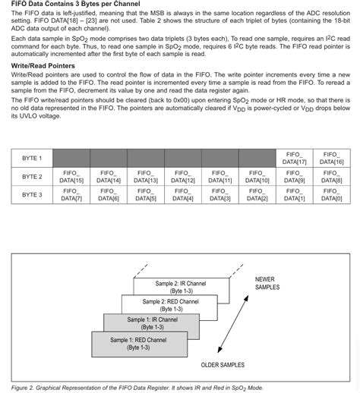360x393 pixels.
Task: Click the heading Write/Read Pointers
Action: [x=43, y=66]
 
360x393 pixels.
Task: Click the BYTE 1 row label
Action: [x=32, y=158]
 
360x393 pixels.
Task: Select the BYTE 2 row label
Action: [x=32, y=177]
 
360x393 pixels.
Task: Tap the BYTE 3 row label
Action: [x=32, y=195]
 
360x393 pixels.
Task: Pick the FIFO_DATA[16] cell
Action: [x=331, y=158]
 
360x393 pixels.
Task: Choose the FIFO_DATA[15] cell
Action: [x=71, y=177]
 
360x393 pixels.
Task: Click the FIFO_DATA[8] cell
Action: [x=331, y=177]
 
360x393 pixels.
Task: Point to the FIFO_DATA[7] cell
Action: [x=71, y=195]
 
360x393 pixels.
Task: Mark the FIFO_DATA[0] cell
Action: [x=331, y=195]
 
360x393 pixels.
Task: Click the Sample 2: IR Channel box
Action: [x=181, y=286]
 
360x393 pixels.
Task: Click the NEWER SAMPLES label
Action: [x=267, y=283]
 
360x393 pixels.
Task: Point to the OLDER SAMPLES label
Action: [x=223, y=365]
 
